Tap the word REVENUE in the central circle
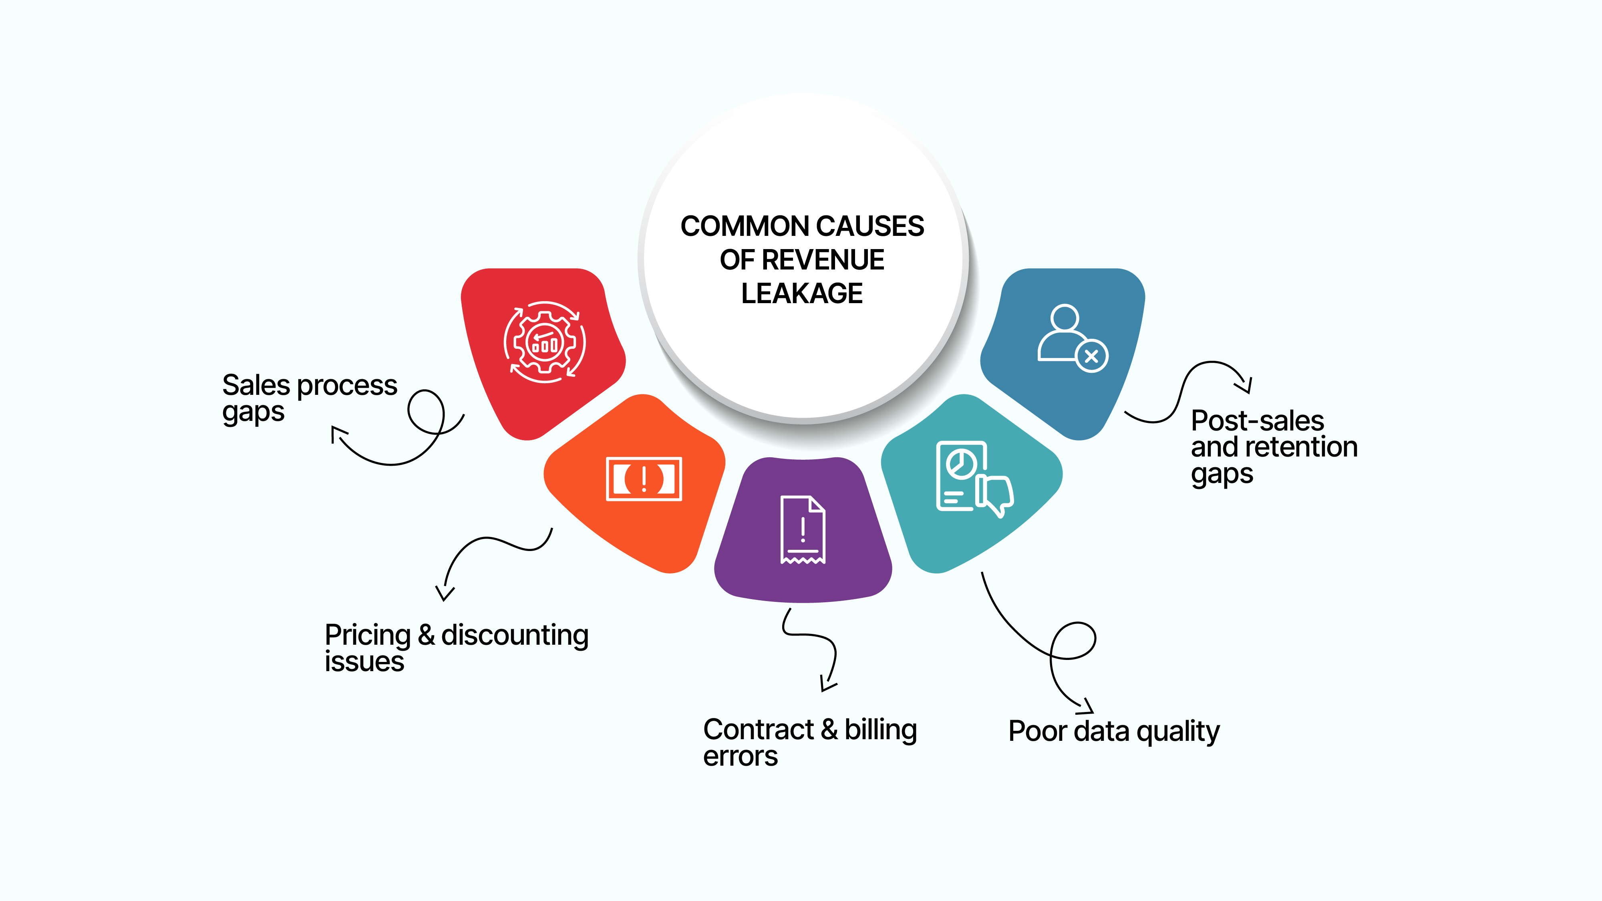tap(823, 260)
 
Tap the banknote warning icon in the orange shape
tap(644, 479)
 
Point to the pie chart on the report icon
tap(962, 464)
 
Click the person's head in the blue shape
tap(1065, 318)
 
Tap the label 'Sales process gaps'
tap(309, 398)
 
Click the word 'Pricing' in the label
tap(368, 636)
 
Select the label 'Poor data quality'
tap(1113, 731)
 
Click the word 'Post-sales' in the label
tap(1257, 421)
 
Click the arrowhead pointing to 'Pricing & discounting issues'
tap(444, 594)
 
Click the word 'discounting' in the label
tap(514, 636)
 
